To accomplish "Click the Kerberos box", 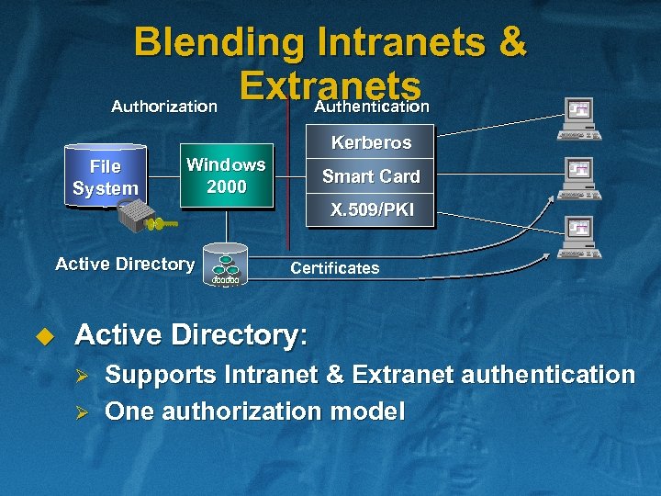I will [x=371, y=143].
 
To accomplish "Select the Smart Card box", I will [x=371, y=176].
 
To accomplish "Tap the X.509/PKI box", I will [x=371, y=210].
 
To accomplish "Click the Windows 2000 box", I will [x=226, y=175].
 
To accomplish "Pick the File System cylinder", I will [x=106, y=177].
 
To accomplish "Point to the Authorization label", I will [x=164, y=107].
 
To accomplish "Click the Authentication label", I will [x=372, y=107].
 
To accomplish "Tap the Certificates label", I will [x=334, y=268].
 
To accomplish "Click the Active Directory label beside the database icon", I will [x=125, y=265].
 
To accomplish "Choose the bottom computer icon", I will [x=580, y=237].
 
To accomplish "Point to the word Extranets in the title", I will [x=330, y=85].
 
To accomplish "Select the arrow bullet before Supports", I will [x=81, y=376].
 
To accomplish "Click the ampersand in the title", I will [x=511, y=43].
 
